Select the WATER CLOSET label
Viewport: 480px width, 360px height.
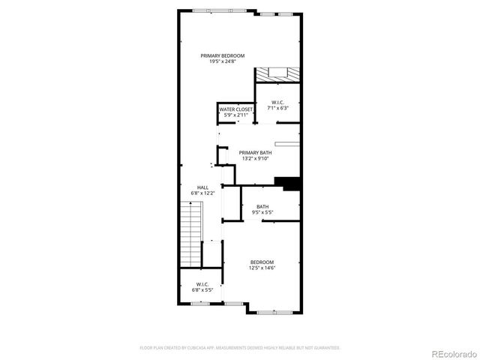point(236,109)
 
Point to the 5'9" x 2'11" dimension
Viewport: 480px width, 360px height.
point(236,115)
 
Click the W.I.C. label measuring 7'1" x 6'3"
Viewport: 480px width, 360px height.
point(277,102)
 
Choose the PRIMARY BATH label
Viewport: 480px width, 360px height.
point(255,152)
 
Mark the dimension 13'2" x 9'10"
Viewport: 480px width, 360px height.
point(255,158)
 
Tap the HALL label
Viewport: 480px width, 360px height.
point(202,187)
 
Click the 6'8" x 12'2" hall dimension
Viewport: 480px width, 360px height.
point(202,193)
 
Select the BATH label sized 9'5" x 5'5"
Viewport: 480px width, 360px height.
point(262,207)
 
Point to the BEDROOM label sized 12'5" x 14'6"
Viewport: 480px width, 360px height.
point(262,262)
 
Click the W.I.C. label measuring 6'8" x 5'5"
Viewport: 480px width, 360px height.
point(202,283)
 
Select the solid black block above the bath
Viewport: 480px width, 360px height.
point(288,183)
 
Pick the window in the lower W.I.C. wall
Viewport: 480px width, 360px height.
point(202,304)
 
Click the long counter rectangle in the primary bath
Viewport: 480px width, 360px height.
point(287,142)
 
